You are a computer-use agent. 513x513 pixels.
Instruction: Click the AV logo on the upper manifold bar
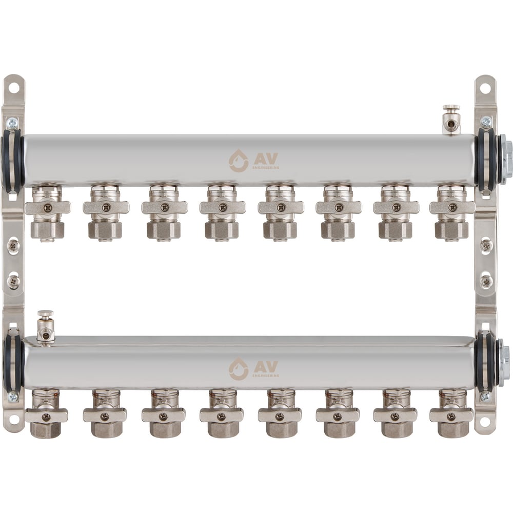tap(254, 161)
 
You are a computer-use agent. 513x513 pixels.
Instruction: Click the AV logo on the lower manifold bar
tap(254, 369)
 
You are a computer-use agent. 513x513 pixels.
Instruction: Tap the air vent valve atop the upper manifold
tap(451, 120)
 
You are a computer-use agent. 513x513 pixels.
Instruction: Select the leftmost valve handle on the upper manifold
tap(48, 207)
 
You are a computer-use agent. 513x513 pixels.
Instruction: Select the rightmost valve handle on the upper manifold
tap(452, 207)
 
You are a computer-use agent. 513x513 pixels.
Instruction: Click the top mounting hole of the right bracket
tap(485, 88)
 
